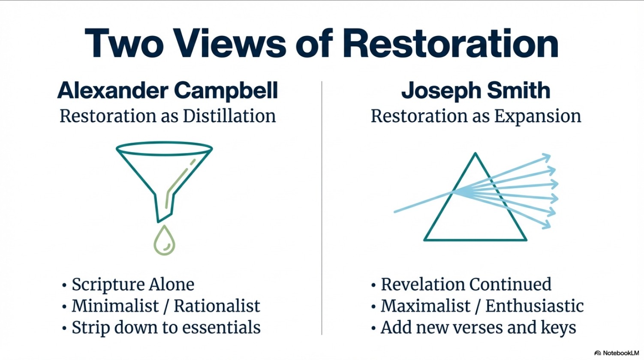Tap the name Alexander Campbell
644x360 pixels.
[x=168, y=91]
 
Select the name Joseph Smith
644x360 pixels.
[x=476, y=91]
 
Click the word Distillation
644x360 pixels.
[x=229, y=116]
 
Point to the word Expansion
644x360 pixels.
[x=538, y=117]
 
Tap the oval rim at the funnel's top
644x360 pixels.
[x=165, y=149]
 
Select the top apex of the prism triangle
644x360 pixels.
[x=475, y=153]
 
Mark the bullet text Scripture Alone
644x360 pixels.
[x=133, y=285]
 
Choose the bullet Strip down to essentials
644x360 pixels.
[x=166, y=327]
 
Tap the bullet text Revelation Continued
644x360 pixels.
[x=466, y=285]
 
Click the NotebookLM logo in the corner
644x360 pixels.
[x=617, y=353]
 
